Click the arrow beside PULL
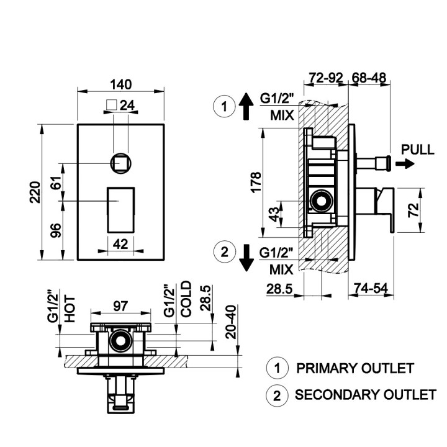(405, 164)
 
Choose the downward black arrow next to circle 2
(246, 257)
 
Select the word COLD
(186, 300)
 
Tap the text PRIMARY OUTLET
(354, 368)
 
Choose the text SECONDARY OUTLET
(365, 394)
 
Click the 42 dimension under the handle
(120, 244)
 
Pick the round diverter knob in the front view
(121, 163)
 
